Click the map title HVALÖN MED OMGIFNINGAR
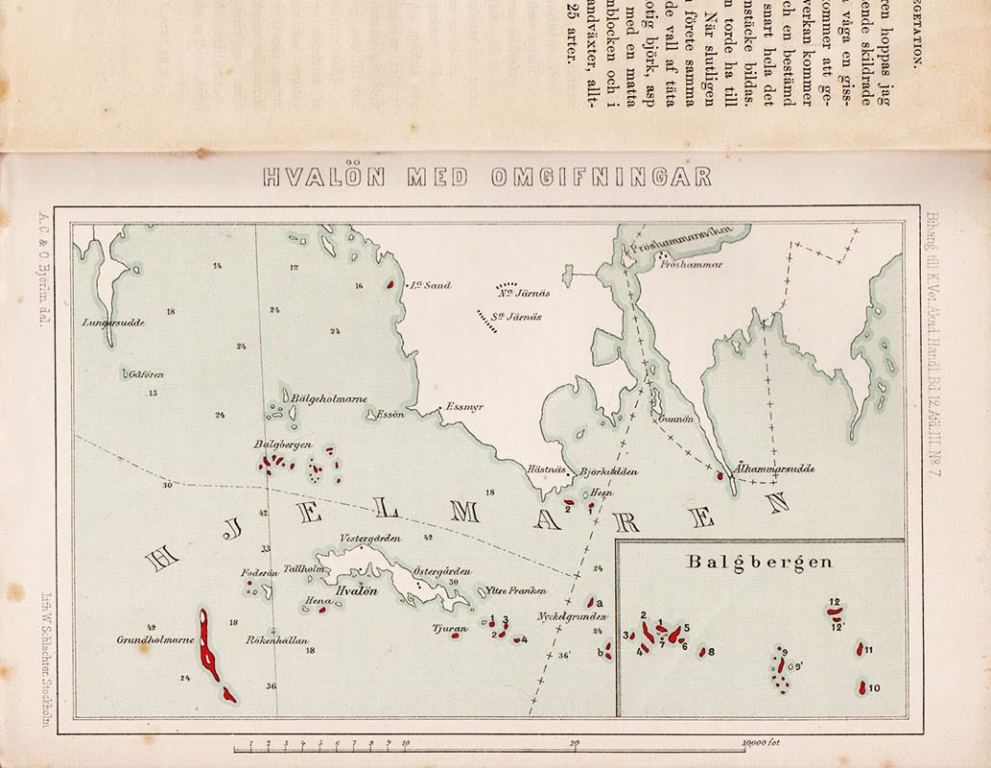(487, 178)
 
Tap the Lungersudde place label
(114, 324)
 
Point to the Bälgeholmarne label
(329, 399)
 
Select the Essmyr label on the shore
(464, 406)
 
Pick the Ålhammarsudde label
(774, 468)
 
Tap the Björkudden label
(609, 472)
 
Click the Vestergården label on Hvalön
(370, 539)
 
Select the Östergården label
(441, 570)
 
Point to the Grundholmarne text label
(155, 639)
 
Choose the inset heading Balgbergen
(760, 563)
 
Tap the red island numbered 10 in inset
(862, 687)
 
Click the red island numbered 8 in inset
(701, 652)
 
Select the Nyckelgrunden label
(572, 615)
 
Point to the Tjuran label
(450, 630)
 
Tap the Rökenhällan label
(275, 639)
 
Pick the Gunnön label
(670, 420)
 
